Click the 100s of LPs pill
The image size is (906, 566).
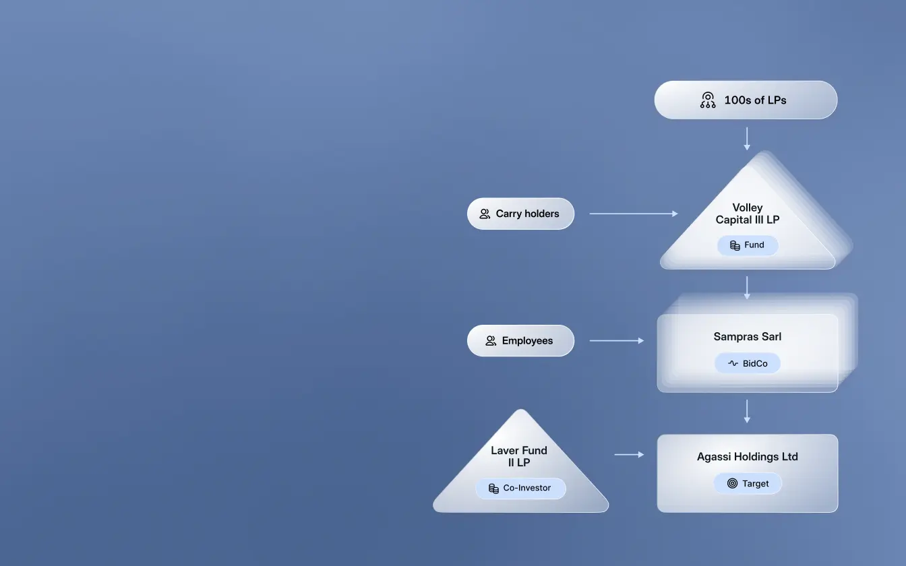coord(746,100)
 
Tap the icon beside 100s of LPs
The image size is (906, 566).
coord(708,100)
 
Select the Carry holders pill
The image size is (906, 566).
coord(520,214)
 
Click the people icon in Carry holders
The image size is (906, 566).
coord(485,214)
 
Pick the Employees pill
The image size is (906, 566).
coord(520,341)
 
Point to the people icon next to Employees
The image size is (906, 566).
coord(491,341)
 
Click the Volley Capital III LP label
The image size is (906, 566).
coord(747,214)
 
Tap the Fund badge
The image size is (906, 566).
coord(747,245)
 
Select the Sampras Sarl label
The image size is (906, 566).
coord(747,336)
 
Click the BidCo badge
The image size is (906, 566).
coord(747,364)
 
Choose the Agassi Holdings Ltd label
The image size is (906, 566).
coord(747,457)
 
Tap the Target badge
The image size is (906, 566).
coord(747,483)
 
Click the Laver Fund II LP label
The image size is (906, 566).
coord(519,456)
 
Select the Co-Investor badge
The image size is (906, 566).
coord(520,489)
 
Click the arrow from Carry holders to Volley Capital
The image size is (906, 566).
coord(633,214)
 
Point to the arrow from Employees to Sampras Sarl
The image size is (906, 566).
coord(616,341)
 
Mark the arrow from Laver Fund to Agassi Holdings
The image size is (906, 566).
coord(629,455)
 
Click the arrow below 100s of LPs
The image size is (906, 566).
coord(747,138)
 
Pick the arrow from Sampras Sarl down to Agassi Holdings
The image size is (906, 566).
coord(747,411)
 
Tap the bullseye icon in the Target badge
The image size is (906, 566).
coord(732,483)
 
